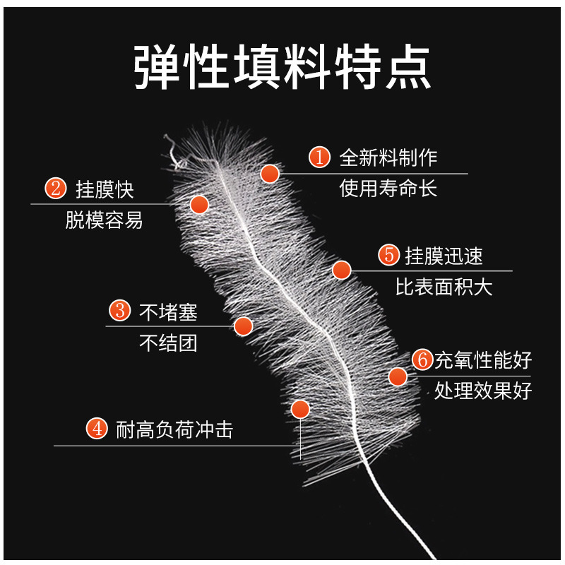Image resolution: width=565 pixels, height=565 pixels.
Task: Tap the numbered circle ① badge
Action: pyautogui.click(x=320, y=157)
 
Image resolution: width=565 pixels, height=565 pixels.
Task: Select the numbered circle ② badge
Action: pyautogui.click(x=55, y=189)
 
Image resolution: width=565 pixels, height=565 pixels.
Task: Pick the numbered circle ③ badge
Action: pyautogui.click(x=119, y=311)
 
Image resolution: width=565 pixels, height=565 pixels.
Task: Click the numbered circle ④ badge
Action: pyautogui.click(x=96, y=429)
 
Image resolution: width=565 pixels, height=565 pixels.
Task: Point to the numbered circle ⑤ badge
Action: pyautogui.click(x=388, y=255)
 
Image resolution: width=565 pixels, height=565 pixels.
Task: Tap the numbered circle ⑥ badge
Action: pyautogui.click(x=422, y=360)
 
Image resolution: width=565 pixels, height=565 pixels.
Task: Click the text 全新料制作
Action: pyautogui.click(x=388, y=157)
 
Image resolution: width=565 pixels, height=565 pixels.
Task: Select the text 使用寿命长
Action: pyautogui.click(x=388, y=189)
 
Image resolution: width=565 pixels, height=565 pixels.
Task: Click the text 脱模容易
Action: pyautogui.click(x=104, y=220)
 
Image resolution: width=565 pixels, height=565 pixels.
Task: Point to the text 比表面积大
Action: pyautogui.click(x=444, y=287)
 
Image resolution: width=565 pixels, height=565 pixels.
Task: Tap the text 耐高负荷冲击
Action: pyautogui.click(x=174, y=429)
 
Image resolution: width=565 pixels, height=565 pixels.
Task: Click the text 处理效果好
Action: pyautogui.click(x=483, y=391)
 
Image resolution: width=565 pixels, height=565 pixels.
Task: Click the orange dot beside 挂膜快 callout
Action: pyautogui.click(x=200, y=205)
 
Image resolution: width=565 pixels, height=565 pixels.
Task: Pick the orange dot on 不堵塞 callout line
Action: pyautogui.click(x=244, y=326)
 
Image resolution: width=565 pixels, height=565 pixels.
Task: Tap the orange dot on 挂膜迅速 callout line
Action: pyautogui.click(x=342, y=270)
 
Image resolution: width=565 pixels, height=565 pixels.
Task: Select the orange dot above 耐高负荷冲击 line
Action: pyautogui.click(x=301, y=410)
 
